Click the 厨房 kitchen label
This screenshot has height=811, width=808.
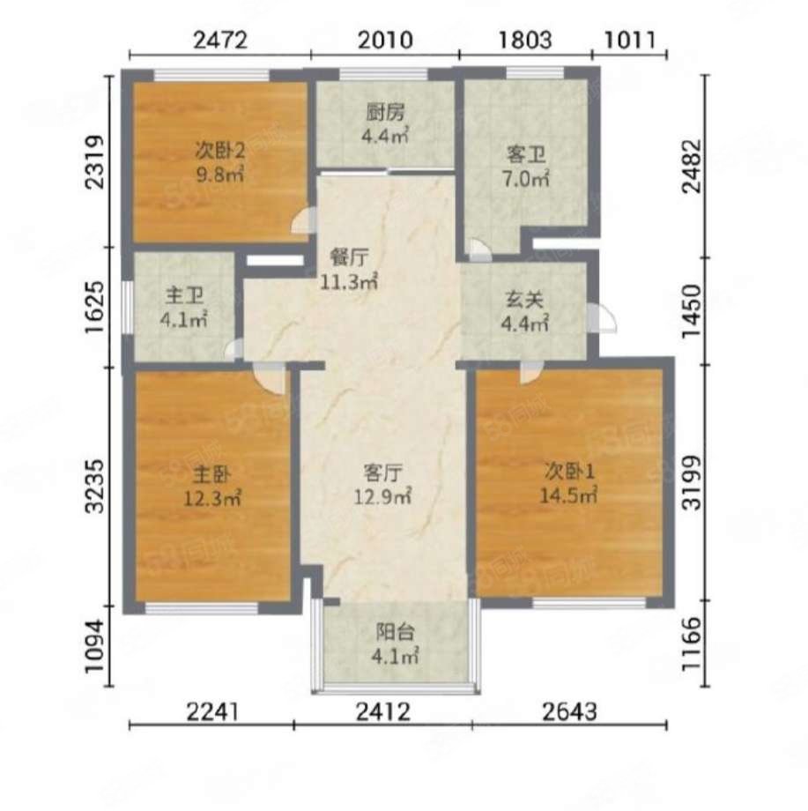(385, 112)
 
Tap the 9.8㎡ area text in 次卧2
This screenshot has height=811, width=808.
(220, 175)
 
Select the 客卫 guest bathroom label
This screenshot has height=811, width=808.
(526, 154)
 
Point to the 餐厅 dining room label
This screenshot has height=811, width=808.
(350, 257)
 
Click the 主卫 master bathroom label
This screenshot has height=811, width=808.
(184, 295)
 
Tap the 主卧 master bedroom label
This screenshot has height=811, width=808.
(212, 473)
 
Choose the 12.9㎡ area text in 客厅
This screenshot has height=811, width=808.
(382, 497)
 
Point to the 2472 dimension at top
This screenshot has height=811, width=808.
(220, 40)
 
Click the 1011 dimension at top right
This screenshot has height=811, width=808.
(630, 40)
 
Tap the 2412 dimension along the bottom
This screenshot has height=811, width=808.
(383, 712)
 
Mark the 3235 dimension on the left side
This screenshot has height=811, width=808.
(96, 486)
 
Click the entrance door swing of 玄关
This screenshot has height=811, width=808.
(602, 318)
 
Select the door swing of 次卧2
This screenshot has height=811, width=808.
(303, 220)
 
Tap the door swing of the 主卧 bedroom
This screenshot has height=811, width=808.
(270, 378)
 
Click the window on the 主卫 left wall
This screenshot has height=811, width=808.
(127, 308)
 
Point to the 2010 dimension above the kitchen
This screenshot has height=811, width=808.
(385, 40)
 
